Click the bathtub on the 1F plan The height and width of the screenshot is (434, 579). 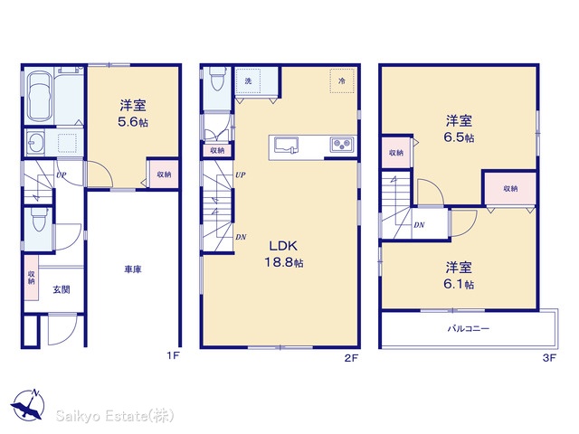(40, 97)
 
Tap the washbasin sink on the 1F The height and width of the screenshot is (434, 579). (35, 142)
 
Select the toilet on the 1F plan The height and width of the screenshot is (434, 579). (39, 219)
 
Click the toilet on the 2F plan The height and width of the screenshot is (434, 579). (216, 78)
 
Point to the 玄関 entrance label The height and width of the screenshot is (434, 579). (62, 289)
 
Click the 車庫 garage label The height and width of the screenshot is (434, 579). (133, 269)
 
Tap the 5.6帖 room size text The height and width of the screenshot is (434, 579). (133, 122)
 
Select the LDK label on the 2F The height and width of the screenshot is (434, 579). (283, 246)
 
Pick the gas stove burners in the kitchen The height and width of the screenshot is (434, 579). (342, 145)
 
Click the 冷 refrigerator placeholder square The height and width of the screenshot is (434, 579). (342, 80)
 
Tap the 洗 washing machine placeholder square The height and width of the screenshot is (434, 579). (248, 80)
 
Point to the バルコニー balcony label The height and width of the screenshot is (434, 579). (469, 328)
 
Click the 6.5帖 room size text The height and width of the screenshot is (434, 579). (459, 137)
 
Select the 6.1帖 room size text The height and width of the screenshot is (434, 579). (459, 285)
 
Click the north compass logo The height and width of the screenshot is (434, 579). (28, 404)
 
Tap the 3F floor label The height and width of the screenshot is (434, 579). (549, 358)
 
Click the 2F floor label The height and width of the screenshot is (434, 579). (352, 358)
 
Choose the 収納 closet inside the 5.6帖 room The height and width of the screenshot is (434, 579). (164, 175)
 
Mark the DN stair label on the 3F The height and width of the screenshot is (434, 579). (419, 225)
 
